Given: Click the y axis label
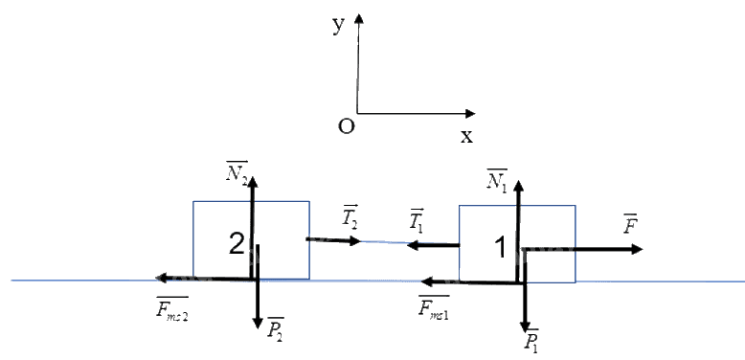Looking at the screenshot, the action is pyautogui.click(x=338, y=26).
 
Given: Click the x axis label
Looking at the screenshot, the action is pyautogui.click(x=466, y=137).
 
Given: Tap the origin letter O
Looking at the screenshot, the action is pyautogui.click(x=346, y=126).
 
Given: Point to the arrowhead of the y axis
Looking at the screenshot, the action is pyautogui.click(x=359, y=18).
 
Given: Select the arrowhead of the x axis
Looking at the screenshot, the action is pyautogui.click(x=470, y=114).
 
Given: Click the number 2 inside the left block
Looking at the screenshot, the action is pyautogui.click(x=237, y=245).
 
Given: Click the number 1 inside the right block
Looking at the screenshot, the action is pyautogui.click(x=500, y=248).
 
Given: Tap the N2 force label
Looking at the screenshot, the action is pyautogui.click(x=237, y=171).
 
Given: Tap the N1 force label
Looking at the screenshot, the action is pyautogui.click(x=497, y=180).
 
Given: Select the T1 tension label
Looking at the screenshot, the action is pyautogui.click(x=417, y=219).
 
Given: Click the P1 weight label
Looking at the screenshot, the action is pyautogui.click(x=531, y=340).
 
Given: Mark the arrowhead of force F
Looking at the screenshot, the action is pyautogui.click(x=637, y=249).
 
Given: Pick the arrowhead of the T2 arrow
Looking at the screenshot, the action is pyautogui.click(x=356, y=240).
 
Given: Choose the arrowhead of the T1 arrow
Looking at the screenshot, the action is pyautogui.click(x=414, y=245).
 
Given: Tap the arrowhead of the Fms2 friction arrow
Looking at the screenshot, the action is pyautogui.click(x=161, y=278).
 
